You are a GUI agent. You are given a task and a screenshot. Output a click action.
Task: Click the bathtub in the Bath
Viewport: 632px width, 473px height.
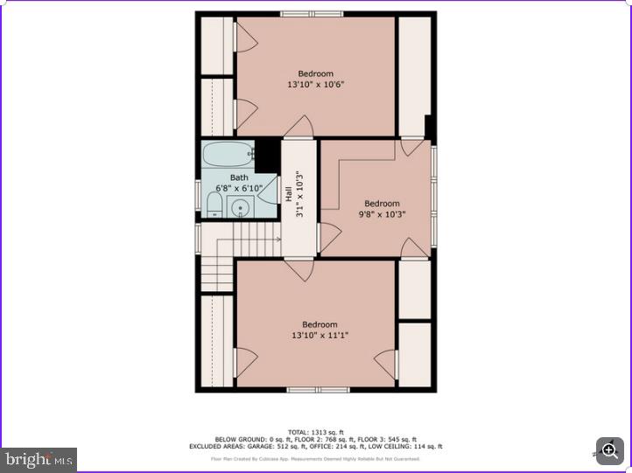pos(228,156)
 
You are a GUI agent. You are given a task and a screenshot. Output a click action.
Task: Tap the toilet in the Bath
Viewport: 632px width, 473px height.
pos(214,205)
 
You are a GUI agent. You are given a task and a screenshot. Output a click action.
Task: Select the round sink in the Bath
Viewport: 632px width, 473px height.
pos(239,207)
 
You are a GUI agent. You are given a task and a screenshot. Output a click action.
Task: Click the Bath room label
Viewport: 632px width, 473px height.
pos(239,177)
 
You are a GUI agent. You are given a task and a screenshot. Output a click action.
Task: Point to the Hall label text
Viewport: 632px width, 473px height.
pos(290,194)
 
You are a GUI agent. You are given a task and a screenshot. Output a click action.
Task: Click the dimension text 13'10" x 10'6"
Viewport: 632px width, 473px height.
pos(315,85)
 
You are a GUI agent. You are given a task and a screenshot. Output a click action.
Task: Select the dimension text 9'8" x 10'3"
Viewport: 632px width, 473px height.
pos(382,214)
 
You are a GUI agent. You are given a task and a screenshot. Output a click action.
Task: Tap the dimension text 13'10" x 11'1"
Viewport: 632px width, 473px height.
pos(320,336)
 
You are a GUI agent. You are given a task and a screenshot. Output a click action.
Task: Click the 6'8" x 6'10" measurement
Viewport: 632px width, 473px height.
pos(239,188)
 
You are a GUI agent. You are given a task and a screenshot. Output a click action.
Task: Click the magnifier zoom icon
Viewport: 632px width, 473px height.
pos(610,450)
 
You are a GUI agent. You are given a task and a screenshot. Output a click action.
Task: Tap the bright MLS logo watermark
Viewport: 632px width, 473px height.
pos(39,459)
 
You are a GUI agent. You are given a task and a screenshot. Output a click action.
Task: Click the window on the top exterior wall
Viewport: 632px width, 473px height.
pos(312,14)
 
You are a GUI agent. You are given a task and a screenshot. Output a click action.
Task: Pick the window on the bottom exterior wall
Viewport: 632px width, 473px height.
pos(318,389)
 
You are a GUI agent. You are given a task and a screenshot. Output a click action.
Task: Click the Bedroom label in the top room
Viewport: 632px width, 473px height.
pos(315,73)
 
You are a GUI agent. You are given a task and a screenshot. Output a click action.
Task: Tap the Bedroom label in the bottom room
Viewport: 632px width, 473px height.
pos(320,324)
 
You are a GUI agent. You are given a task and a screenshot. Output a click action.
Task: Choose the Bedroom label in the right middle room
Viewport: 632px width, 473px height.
pos(382,204)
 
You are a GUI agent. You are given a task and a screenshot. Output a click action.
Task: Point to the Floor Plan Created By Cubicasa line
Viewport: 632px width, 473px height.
pos(316,458)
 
